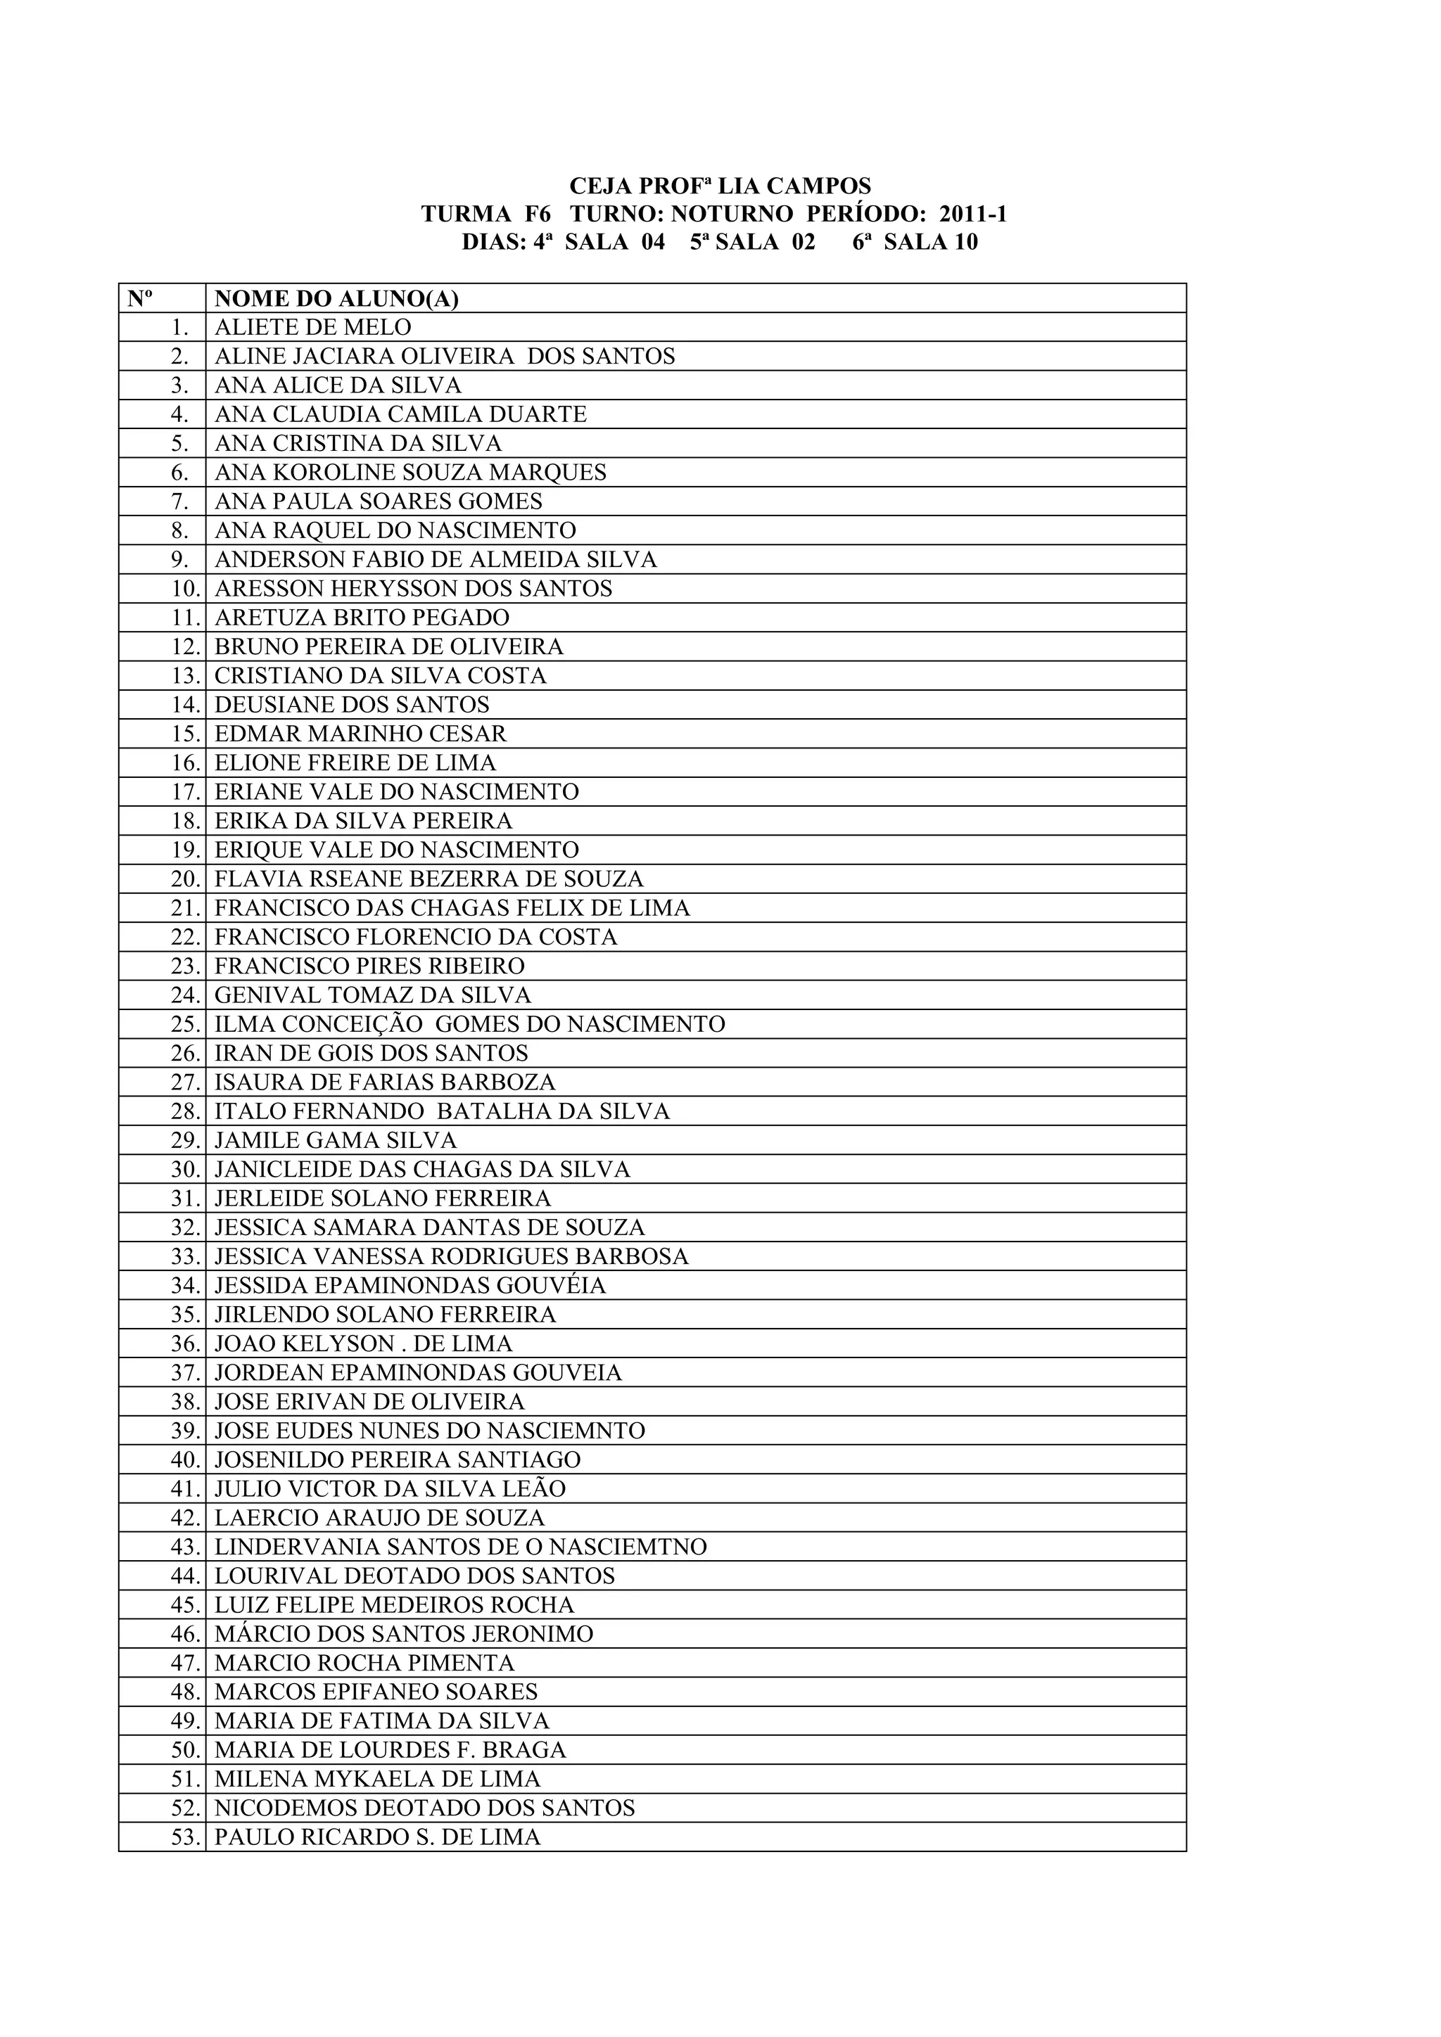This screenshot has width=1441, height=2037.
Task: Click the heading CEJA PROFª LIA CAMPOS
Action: coord(720,186)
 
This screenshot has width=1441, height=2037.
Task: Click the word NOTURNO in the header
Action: coord(731,215)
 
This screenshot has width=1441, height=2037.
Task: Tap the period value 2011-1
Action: coord(972,215)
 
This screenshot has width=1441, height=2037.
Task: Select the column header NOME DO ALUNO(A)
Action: coord(336,299)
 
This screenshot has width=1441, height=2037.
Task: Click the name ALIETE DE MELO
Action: coord(312,327)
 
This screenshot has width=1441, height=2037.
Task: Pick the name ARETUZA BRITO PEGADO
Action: coord(362,618)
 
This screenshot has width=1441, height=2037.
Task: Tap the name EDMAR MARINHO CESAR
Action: coord(360,734)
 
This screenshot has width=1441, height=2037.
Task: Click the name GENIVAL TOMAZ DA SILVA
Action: coord(373,995)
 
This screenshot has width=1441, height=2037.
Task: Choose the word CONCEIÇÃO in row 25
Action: coord(353,1025)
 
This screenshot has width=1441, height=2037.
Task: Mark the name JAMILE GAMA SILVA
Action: coord(336,1141)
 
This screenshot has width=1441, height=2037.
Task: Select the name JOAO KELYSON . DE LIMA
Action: coord(364,1344)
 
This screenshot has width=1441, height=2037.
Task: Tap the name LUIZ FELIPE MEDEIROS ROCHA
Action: coord(394,1606)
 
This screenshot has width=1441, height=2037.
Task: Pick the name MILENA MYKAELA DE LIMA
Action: coord(377,1780)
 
